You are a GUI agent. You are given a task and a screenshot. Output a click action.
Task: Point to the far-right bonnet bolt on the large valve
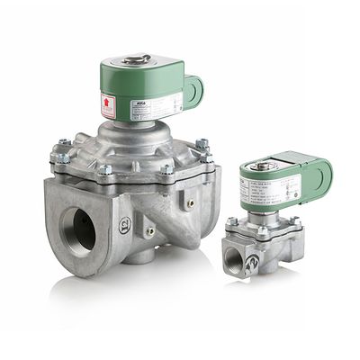pos(203,144)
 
